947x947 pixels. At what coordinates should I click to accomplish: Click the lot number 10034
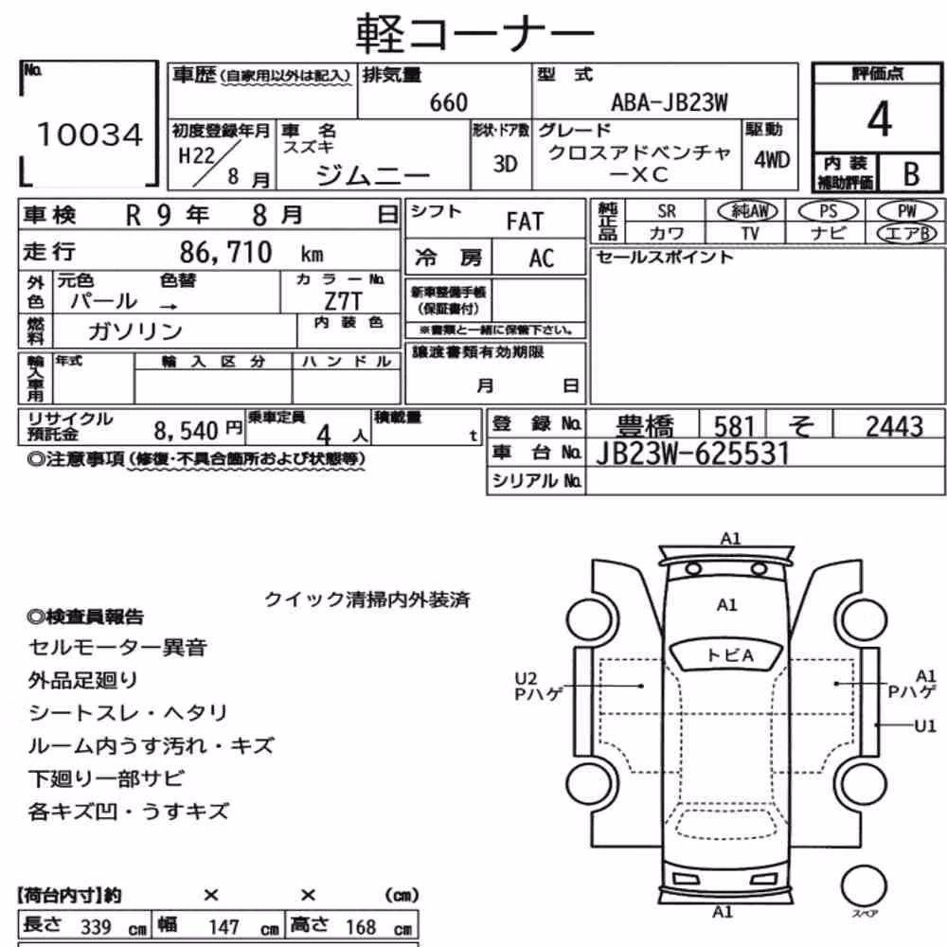click(90, 134)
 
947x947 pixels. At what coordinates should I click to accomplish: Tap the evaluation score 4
click(879, 119)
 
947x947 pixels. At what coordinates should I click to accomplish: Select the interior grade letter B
click(911, 174)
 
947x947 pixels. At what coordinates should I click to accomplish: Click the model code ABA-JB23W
click(670, 102)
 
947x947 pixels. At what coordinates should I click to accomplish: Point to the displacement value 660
click(448, 102)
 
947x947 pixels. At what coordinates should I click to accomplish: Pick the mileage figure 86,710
click(226, 252)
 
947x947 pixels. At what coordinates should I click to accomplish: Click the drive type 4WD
click(771, 160)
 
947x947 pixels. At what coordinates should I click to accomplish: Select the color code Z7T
click(343, 301)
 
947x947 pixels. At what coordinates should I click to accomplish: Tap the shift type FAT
click(525, 222)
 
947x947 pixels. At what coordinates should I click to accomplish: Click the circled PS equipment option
click(828, 211)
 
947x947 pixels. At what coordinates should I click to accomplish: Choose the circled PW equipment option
click(906, 211)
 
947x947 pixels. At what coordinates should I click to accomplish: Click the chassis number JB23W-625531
click(692, 454)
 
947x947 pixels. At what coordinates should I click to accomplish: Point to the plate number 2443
click(895, 426)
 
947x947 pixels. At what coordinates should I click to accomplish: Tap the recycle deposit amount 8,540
click(186, 431)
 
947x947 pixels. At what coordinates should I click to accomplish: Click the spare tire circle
click(864, 886)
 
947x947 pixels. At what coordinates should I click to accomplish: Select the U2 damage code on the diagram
click(526, 679)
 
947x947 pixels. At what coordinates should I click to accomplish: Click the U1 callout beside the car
click(924, 725)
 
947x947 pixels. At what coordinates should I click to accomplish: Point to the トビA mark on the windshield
click(729, 655)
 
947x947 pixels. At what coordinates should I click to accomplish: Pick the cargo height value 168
click(361, 926)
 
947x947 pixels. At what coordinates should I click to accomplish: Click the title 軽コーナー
click(474, 33)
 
